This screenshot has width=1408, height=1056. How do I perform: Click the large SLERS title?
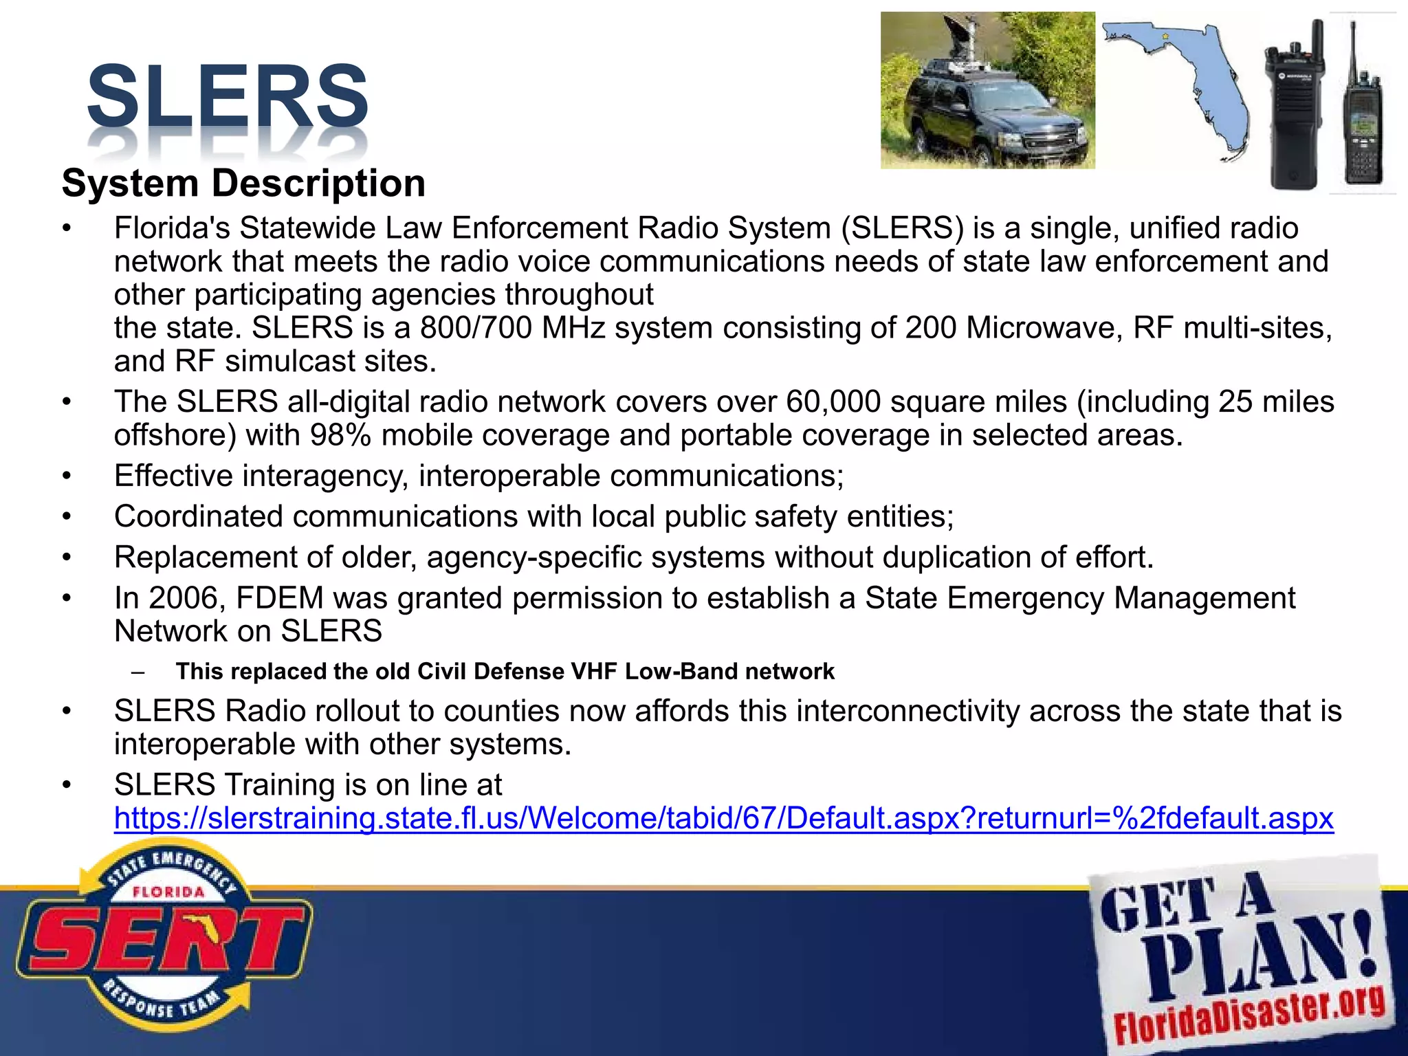point(228,96)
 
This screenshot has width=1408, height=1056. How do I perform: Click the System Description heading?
point(243,184)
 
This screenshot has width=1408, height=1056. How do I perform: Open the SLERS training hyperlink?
point(723,818)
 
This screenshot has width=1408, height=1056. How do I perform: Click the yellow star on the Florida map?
point(1165,36)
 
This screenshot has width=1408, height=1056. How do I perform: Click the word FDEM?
point(279,598)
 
